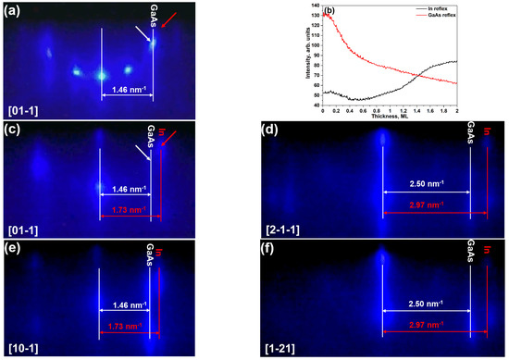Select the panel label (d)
(270, 129)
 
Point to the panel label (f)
(269, 248)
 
